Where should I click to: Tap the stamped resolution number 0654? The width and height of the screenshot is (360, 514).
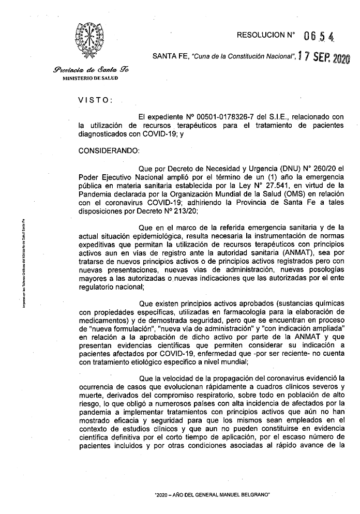pyautogui.click(x=319, y=37)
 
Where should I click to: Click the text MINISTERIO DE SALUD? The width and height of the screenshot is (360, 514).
pyautogui.click(x=90, y=78)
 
